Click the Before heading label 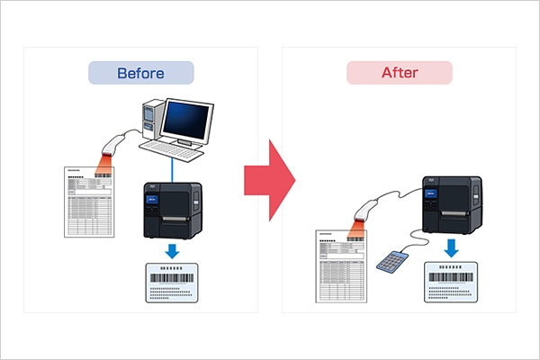[x=141, y=73]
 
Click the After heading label [x=400, y=73]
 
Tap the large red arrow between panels [x=270, y=180]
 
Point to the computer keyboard [x=172, y=150]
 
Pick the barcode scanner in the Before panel [x=112, y=146]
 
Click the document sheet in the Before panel [x=89, y=202]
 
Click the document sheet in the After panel [x=341, y=266]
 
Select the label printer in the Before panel [x=173, y=211]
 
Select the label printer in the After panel [x=452, y=204]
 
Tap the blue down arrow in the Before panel [x=172, y=251]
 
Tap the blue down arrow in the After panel [x=451, y=248]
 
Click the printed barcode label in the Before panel [x=172, y=283]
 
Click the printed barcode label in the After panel [x=451, y=282]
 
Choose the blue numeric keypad [x=392, y=262]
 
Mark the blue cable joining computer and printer [x=172, y=170]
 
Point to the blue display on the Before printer [x=152, y=200]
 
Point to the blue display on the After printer [x=431, y=193]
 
